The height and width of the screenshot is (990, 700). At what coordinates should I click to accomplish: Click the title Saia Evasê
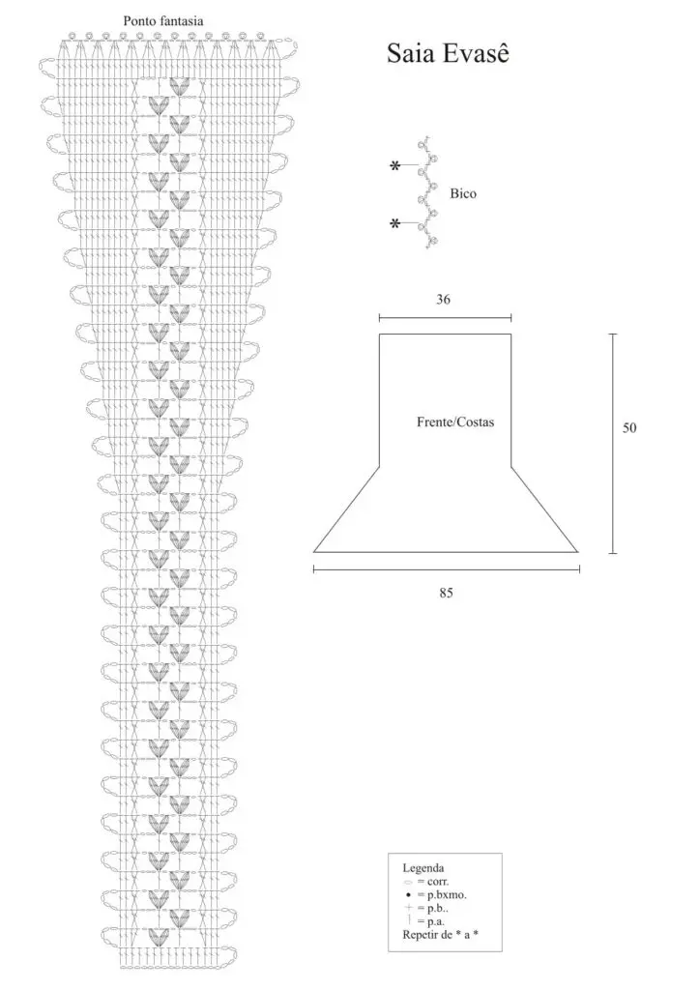pyautogui.click(x=448, y=54)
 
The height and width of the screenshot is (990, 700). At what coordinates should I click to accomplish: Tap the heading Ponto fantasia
pyautogui.click(x=163, y=21)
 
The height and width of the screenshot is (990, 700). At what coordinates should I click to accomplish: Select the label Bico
pyautogui.click(x=463, y=193)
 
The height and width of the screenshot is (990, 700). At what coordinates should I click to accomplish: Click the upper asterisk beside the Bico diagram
pyautogui.click(x=395, y=166)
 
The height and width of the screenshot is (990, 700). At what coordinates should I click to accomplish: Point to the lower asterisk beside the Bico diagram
pyautogui.click(x=395, y=223)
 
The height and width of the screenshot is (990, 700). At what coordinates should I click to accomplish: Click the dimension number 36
pyautogui.click(x=443, y=300)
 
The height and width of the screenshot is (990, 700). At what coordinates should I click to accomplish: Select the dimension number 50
pyautogui.click(x=629, y=428)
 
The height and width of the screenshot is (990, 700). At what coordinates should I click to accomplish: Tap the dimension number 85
pyautogui.click(x=446, y=593)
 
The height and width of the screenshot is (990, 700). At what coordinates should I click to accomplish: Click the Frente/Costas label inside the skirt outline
pyautogui.click(x=455, y=422)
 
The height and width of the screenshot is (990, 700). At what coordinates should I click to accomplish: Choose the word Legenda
pyautogui.click(x=423, y=868)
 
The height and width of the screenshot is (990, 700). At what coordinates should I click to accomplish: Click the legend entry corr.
pyautogui.click(x=438, y=882)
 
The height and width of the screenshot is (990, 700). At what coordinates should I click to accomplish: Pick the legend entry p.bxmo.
pyautogui.click(x=447, y=894)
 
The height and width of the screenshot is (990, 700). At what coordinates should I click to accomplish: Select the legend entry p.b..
pyautogui.click(x=438, y=909)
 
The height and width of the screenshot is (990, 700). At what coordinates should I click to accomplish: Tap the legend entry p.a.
pyautogui.click(x=436, y=921)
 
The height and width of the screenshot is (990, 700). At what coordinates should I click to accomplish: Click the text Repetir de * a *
pyautogui.click(x=441, y=935)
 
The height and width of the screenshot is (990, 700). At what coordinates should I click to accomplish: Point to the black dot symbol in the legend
pyautogui.click(x=408, y=895)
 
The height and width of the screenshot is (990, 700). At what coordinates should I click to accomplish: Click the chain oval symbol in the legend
pyautogui.click(x=408, y=882)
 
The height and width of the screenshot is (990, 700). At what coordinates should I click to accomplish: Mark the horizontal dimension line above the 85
pyautogui.click(x=447, y=569)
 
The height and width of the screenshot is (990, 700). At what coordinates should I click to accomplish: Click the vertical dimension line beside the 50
pyautogui.click(x=612, y=444)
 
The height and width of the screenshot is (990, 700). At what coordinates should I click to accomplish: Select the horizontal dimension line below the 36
pyautogui.click(x=445, y=318)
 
